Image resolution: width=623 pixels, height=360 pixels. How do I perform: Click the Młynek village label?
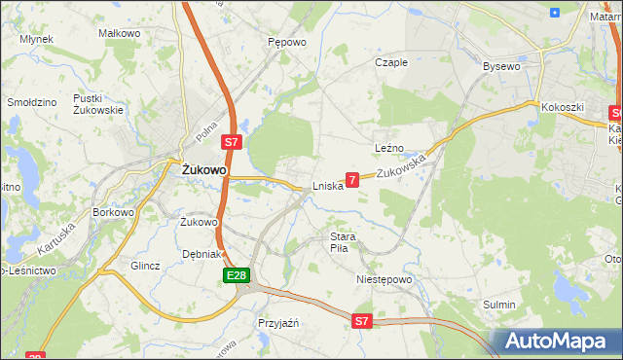pyautogui.click(x=36, y=39)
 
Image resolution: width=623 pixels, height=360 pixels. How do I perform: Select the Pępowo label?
pyautogui.click(x=286, y=43)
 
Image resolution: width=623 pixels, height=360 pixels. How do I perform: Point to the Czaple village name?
pyautogui.click(x=391, y=62)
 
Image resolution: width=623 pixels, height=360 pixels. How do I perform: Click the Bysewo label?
pyautogui.click(x=501, y=66)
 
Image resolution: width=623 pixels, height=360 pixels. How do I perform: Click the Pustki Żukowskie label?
pyautogui.click(x=97, y=104)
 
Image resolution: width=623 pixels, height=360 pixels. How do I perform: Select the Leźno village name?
pyautogui.click(x=389, y=147)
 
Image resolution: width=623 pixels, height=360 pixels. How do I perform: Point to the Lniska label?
pyautogui.click(x=327, y=186)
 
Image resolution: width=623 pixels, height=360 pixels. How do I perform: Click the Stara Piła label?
pyautogui.click(x=345, y=242)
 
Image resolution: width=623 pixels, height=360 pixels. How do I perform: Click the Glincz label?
pyautogui.click(x=144, y=265)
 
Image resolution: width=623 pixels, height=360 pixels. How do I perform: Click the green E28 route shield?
pyautogui.click(x=235, y=277)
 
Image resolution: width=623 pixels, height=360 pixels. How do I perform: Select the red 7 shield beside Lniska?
pyautogui.click(x=352, y=179)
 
